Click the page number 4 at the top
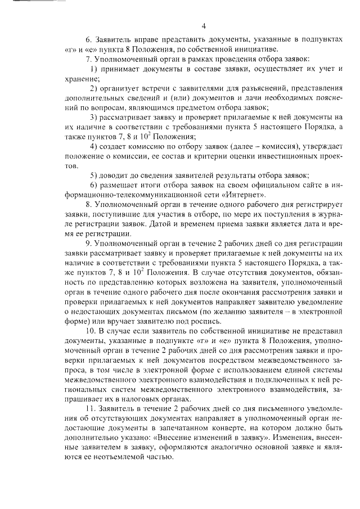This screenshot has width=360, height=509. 204,25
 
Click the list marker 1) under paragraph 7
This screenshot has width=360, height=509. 94,69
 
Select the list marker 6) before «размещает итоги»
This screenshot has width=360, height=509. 94,185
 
